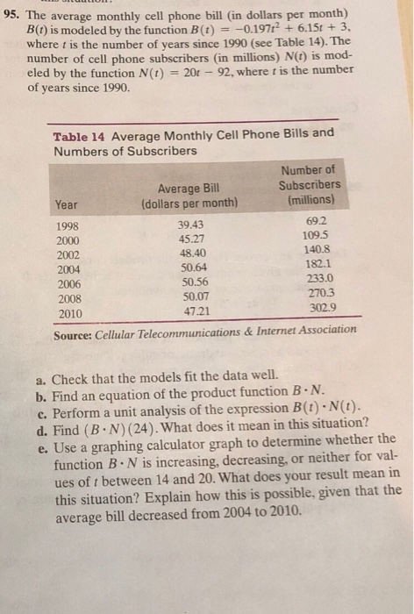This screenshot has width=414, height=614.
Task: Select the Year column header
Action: pyautogui.click(x=66, y=204)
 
